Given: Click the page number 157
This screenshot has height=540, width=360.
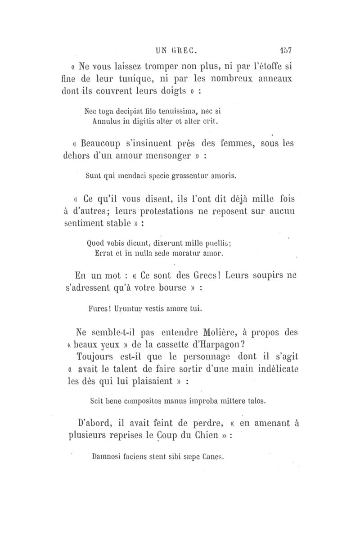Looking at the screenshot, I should pyautogui.click(x=286, y=50).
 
